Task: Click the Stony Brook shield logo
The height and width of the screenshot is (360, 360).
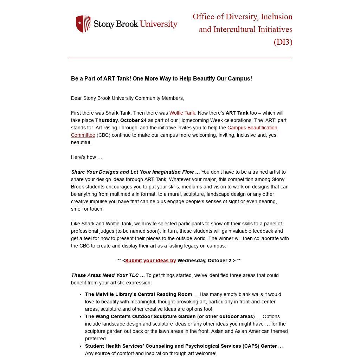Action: click(83, 24)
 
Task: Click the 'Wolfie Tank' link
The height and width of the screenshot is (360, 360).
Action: click(182, 113)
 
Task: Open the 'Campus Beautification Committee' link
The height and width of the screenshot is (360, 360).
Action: click(252, 128)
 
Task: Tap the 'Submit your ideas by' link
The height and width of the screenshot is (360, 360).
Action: click(150, 261)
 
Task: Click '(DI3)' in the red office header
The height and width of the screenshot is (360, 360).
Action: click(283, 42)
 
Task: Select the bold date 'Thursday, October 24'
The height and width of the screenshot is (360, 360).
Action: click(121, 120)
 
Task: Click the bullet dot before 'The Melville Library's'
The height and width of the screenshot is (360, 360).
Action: click(81, 295)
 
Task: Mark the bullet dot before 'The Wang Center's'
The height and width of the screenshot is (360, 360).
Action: click(81, 317)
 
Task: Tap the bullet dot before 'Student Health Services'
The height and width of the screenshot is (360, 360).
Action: click(81, 346)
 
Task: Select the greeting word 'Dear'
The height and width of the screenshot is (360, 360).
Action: click(76, 98)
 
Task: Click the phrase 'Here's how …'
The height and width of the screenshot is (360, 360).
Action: click(86, 157)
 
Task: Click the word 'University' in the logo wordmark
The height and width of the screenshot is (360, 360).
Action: click(159, 24)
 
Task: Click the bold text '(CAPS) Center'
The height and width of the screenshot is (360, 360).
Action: click(259, 346)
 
